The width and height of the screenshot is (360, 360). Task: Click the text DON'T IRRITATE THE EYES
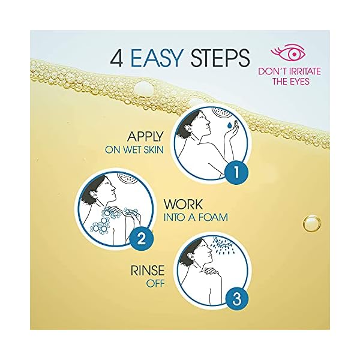point(289,76)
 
